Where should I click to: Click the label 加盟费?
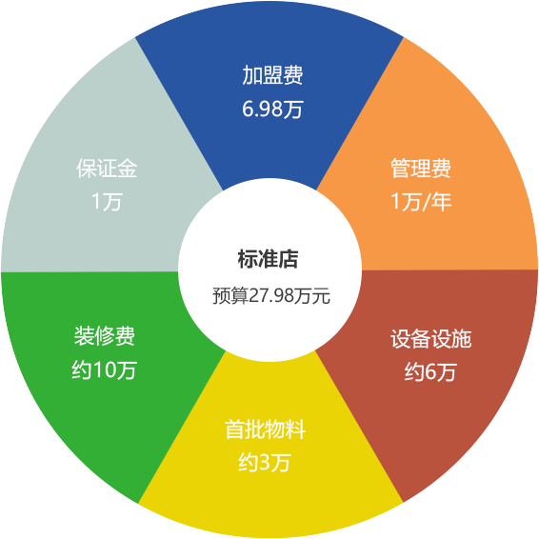[x=272, y=75]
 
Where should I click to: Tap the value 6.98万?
[x=272, y=109]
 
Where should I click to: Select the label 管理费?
[x=421, y=169]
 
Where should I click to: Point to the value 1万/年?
[x=421, y=201]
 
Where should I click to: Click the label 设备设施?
[x=431, y=339]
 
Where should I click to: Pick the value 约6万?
[x=430, y=371]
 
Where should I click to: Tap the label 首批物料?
[x=265, y=429]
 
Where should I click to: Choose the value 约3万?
[x=265, y=463]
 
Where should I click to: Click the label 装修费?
[x=105, y=335]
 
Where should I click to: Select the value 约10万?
[x=104, y=369]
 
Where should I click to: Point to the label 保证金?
[x=107, y=169]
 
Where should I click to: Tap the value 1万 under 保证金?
[x=107, y=201]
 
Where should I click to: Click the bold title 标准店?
[x=268, y=259]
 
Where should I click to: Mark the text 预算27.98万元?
[x=271, y=295]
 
